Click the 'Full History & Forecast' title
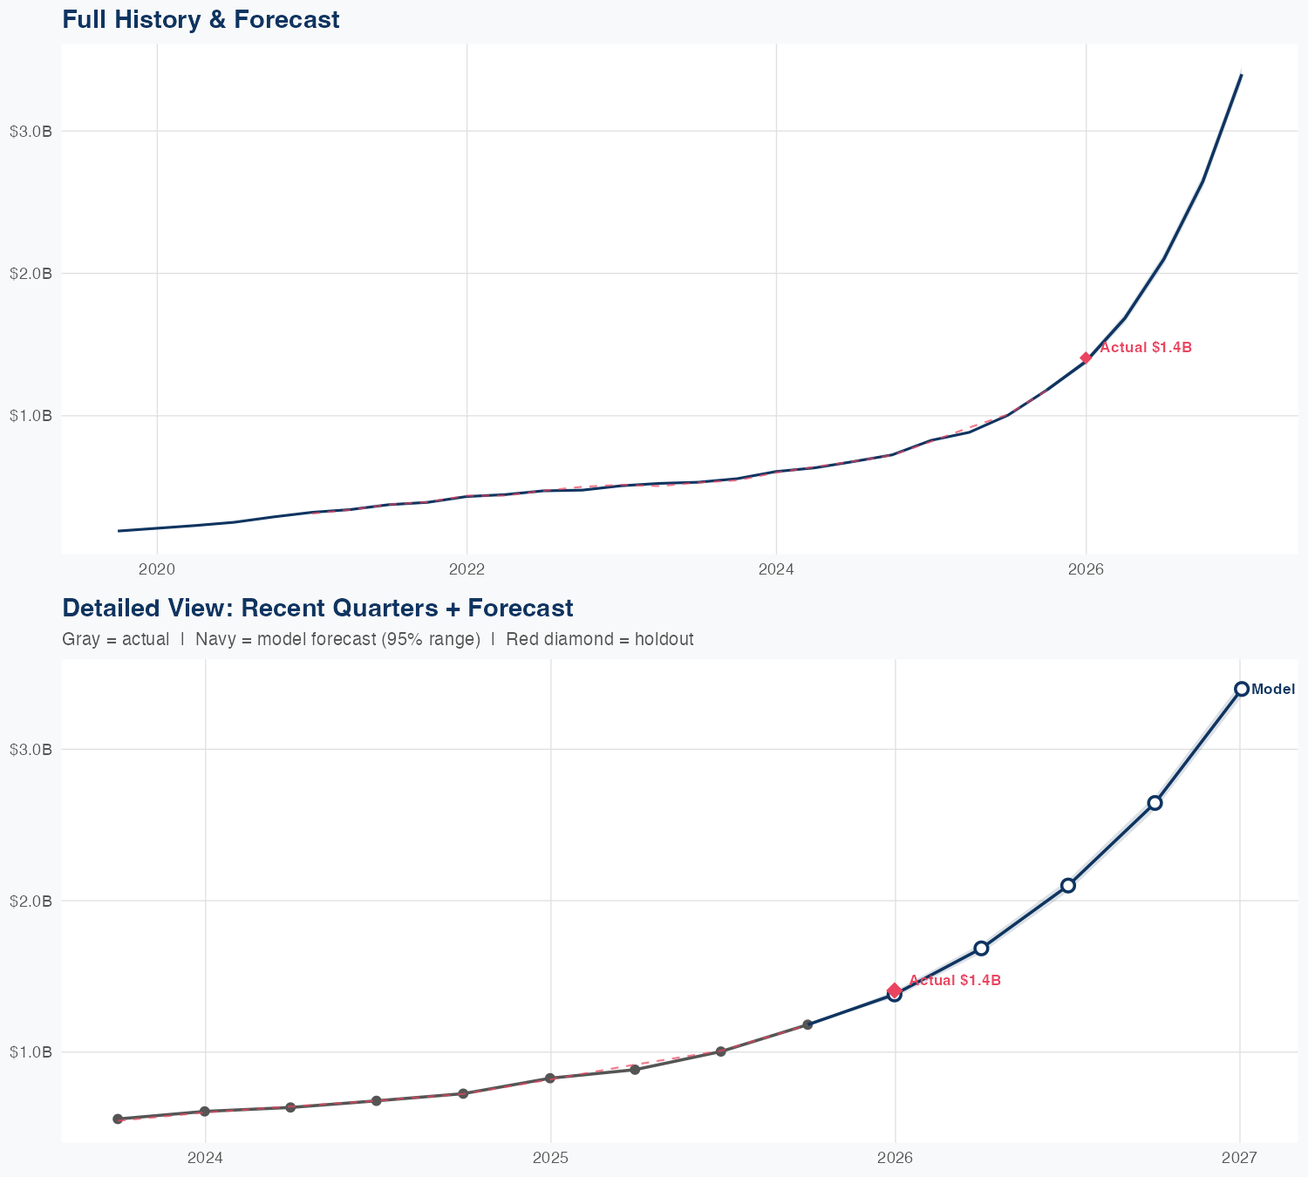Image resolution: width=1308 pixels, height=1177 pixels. [201, 19]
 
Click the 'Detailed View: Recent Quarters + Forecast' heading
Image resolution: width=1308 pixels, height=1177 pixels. [317, 608]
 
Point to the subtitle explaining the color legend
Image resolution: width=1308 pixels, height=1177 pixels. [378, 639]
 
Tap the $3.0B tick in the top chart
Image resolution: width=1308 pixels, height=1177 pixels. [31, 131]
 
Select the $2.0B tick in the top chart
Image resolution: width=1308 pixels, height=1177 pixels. [31, 273]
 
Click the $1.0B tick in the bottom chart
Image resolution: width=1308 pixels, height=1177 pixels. [31, 1051]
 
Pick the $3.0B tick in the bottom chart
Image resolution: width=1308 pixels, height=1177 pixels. [31, 749]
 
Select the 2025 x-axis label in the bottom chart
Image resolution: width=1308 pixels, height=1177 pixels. [550, 1159]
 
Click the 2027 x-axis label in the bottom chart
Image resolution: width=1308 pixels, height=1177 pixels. [1239, 1159]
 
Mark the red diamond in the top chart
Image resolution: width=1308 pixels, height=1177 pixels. [1086, 357]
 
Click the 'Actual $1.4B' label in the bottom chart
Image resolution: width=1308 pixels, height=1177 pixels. [955, 981]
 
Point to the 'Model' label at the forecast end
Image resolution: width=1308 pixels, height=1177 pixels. [1273, 690]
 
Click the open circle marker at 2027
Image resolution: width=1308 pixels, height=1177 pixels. [1242, 689]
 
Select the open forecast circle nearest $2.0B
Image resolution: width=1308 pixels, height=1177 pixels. [1068, 885]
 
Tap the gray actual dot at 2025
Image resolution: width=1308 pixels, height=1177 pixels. [550, 1078]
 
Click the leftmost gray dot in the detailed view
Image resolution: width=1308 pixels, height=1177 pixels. [118, 1119]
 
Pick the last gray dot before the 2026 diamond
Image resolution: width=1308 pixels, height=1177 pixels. [807, 1024]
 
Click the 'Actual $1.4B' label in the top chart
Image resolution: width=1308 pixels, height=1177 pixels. [1146, 348]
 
